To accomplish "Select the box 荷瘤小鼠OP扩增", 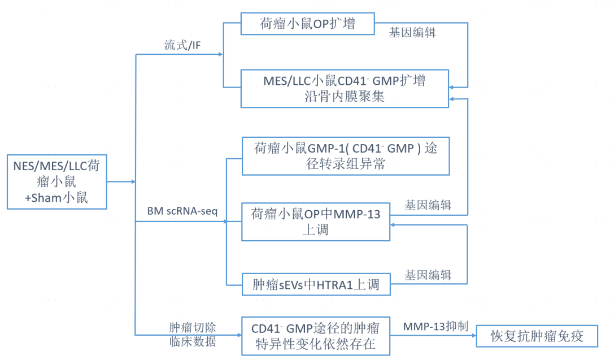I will pos(308,23).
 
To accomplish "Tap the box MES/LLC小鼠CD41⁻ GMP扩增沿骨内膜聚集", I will pos(345,88).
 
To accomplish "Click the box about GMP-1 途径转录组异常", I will pos(346,156).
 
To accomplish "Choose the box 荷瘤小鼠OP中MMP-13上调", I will pos(316,222).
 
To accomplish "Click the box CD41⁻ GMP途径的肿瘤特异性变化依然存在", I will pos(316,336).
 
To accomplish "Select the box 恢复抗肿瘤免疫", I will pos(537,337).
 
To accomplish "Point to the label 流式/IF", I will pos(182,46).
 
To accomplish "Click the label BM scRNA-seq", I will pos(183,211).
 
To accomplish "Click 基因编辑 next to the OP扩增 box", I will pos(412,32).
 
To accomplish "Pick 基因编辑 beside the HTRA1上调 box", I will pos(428,275).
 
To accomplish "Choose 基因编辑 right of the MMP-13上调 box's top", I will pos(428,205).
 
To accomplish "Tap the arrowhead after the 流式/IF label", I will pos(220,54).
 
